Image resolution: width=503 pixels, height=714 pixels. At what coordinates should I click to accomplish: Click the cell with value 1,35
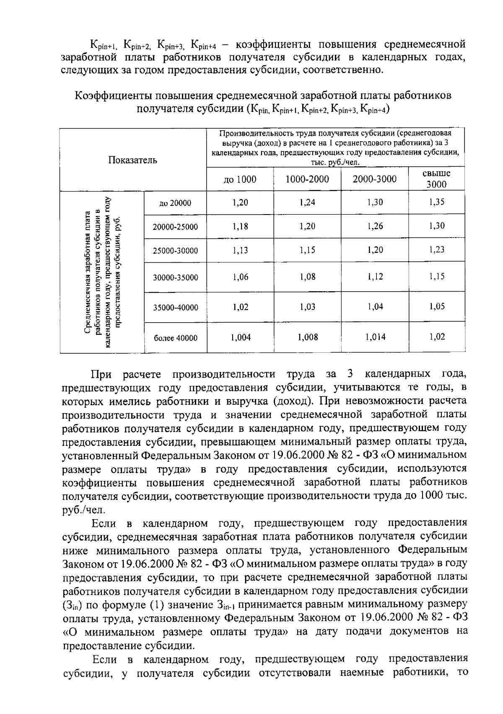click(437, 202)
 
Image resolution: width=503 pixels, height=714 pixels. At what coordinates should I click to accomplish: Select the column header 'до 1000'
click(240, 179)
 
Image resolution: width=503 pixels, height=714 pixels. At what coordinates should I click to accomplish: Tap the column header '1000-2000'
click(307, 179)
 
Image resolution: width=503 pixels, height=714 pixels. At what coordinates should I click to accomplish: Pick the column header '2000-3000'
click(374, 179)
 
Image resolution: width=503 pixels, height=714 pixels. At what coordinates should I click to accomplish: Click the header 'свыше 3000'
click(437, 179)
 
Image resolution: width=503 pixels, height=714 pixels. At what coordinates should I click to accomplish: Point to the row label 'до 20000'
click(175, 203)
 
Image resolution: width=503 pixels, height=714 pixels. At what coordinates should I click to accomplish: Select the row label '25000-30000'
click(175, 251)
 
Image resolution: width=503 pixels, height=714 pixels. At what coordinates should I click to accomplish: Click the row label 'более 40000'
click(175, 338)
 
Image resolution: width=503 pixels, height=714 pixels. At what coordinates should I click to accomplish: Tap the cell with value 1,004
click(241, 337)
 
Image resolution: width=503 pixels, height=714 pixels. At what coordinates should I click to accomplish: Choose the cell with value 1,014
click(375, 337)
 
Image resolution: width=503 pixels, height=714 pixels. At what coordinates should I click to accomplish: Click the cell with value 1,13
click(241, 251)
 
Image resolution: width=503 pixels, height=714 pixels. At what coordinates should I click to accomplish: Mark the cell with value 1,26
click(375, 226)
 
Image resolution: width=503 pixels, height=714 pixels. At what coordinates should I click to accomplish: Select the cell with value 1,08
click(308, 277)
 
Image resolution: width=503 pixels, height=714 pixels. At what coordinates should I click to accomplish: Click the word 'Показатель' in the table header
click(133, 160)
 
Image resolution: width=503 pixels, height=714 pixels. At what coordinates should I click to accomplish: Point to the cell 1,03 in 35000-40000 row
click(308, 307)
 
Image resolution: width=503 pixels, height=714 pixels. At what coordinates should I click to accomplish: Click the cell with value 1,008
click(308, 337)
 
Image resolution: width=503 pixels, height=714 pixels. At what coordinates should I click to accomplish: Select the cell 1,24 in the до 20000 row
click(308, 202)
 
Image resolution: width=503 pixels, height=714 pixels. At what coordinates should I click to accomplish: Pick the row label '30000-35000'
click(175, 278)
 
